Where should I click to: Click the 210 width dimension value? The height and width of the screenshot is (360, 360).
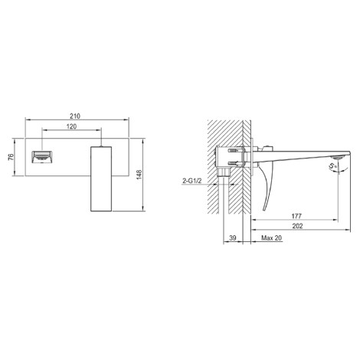point(75,116)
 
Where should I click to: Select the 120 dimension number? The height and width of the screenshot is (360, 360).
point(71,126)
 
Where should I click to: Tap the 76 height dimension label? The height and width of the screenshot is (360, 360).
point(11,157)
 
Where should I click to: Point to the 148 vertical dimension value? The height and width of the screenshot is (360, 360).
point(139,175)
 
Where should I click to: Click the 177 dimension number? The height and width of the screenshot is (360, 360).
point(296,216)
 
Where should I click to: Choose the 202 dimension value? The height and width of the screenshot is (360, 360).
point(297,226)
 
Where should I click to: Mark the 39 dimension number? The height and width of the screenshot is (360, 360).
point(233,238)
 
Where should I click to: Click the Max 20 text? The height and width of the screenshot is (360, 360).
point(271,238)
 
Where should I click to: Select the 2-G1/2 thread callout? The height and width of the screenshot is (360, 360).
point(192,181)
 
